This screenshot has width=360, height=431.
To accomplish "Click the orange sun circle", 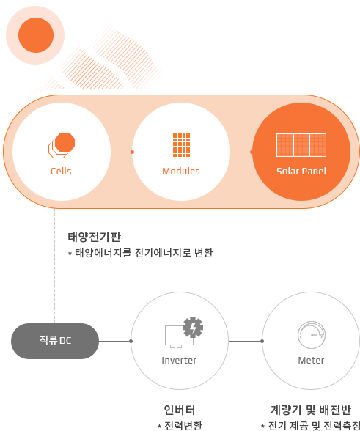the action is [x=36, y=35].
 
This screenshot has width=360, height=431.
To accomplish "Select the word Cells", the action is [x=61, y=172].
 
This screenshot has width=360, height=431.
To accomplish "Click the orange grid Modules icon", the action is [x=181, y=145].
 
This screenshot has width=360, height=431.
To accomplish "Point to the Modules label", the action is [x=181, y=172].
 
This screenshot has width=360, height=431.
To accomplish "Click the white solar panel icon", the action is [x=301, y=145].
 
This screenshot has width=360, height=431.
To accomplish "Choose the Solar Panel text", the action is [x=301, y=172].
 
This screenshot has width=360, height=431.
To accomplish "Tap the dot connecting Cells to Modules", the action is [x=132, y=152].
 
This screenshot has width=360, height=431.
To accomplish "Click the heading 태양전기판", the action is [x=95, y=237].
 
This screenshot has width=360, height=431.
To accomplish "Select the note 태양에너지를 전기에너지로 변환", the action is [x=141, y=253].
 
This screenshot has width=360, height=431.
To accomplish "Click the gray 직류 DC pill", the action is [x=55, y=341].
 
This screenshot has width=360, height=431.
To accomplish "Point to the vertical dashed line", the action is [x=54, y=266].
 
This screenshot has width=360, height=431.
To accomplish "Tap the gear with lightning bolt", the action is [x=193, y=327].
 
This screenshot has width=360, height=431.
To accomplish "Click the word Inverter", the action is [x=179, y=361].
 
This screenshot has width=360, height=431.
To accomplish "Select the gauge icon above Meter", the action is [x=312, y=335].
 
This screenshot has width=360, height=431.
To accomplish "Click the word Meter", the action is [x=311, y=361].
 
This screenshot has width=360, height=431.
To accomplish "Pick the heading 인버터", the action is [x=180, y=410].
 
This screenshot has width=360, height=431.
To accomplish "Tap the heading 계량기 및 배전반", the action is [x=311, y=410].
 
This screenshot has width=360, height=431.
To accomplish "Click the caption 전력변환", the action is [x=180, y=425].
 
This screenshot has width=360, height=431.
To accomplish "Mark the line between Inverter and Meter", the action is [x=246, y=341].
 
